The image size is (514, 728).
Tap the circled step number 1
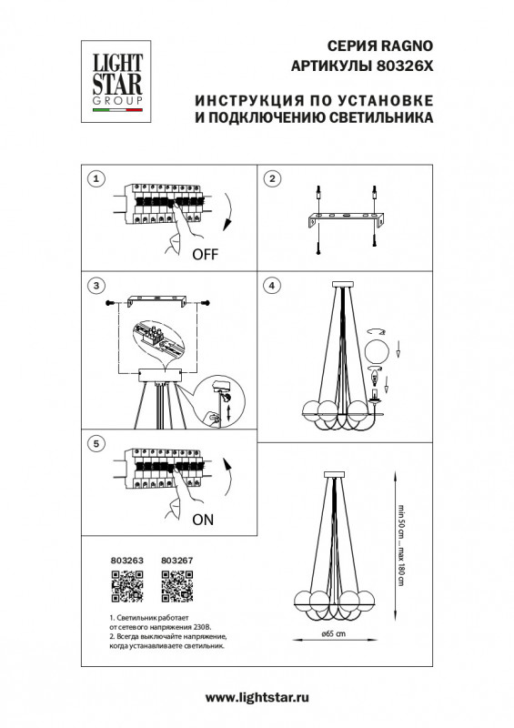coord(96,178)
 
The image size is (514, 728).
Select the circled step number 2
coord(271,178)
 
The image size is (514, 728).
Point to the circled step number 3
coord(96,286)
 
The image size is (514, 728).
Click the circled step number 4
coord(271,286)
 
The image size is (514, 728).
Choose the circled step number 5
coord(96,443)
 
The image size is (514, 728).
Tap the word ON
coord(202,521)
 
